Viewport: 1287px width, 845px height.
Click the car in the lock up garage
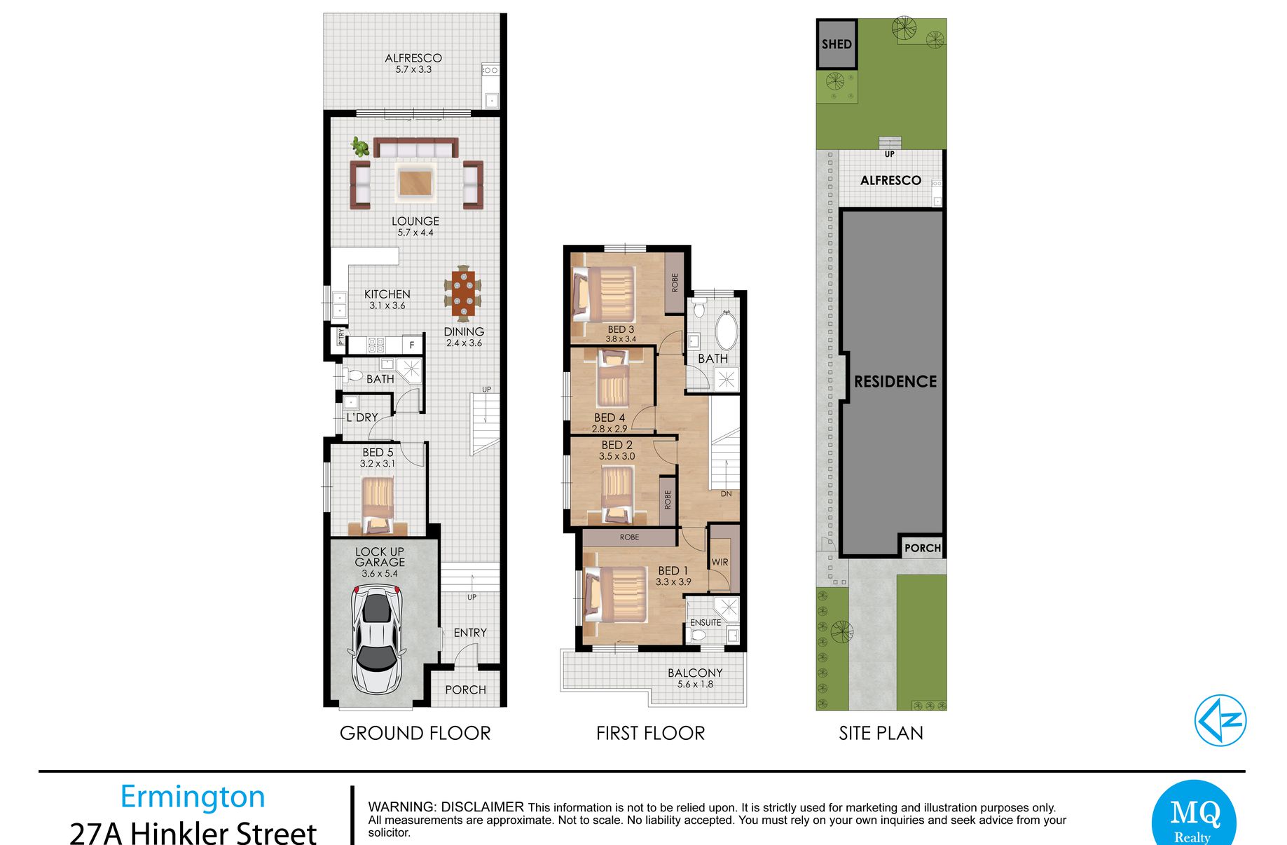378,640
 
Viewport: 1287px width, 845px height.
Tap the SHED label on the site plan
837,44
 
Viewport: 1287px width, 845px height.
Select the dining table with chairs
463,293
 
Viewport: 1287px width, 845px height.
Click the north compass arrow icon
1220,720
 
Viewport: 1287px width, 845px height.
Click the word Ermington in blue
193,797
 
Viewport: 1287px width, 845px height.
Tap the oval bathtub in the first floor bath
726,331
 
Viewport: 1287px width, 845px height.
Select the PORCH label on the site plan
922,548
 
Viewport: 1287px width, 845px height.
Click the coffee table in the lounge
416,182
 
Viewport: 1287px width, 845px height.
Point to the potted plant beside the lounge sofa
360,146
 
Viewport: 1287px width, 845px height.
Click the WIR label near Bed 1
720,562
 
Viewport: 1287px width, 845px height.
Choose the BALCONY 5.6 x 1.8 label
695,678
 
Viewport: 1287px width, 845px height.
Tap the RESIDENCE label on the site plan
895,382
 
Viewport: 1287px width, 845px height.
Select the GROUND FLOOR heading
415,734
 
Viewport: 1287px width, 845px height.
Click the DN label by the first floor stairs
727,494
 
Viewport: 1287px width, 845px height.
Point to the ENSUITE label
706,622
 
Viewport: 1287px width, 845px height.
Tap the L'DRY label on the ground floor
362,418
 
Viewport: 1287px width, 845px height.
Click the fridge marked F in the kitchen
413,345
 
